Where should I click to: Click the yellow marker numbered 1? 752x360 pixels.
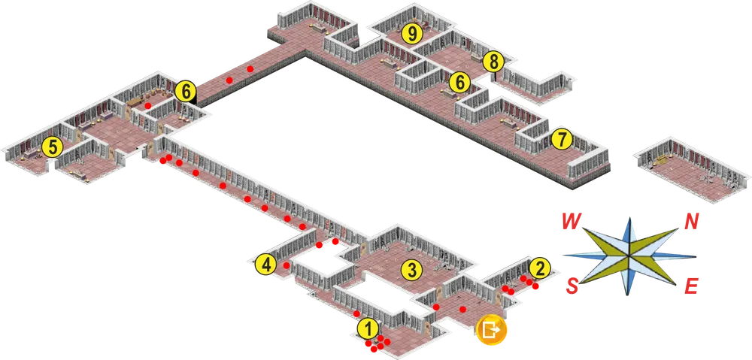pos(368,329)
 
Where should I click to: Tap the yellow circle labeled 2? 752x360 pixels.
pos(540,268)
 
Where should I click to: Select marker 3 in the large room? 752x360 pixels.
pos(411,271)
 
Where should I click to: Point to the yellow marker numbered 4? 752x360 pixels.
pos(265,265)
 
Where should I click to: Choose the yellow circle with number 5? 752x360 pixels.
pos(53,147)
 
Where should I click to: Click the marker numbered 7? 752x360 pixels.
pos(562,140)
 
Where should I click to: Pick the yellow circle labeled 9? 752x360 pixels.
pos(412,33)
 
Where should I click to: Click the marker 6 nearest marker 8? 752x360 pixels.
pos(459,83)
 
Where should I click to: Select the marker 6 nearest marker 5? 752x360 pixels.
pos(186,91)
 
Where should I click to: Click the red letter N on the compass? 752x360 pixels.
pos(691,222)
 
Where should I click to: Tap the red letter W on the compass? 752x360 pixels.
pos(572,222)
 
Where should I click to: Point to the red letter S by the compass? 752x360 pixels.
pos(572,286)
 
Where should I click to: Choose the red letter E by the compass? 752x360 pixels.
pos(690,286)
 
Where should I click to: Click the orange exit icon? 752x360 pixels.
pos(491,329)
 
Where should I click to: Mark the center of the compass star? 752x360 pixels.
pos(628,256)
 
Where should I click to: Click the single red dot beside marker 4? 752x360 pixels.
pos(287,265)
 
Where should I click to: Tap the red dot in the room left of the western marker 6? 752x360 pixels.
pos(148,105)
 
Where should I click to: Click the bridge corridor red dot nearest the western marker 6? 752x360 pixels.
pos(229,80)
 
